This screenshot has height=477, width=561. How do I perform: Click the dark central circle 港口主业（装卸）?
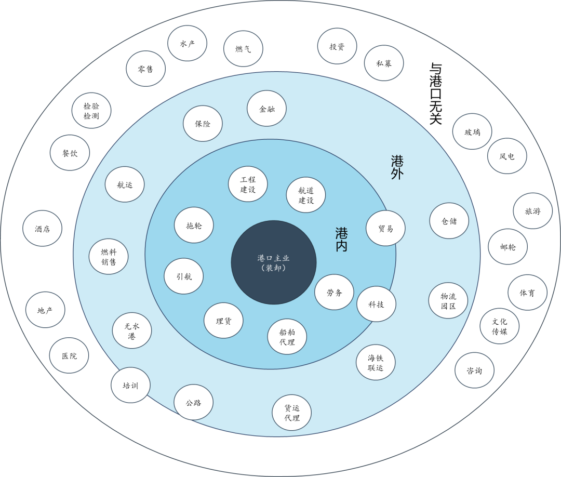tap(274, 262)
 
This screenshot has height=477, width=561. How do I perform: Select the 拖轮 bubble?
tap(194, 225)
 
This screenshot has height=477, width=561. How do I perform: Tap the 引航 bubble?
tap(183, 276)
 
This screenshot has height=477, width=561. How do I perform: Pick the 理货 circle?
tap(223, 321)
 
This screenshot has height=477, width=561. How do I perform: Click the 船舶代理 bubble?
tap(287, 337)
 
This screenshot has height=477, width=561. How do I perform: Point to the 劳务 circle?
tap(334, 292)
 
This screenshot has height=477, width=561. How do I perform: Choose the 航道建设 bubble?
tap(306, 195)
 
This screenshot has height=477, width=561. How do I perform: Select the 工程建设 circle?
tap(248, 184)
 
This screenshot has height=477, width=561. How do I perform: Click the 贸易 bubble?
tap(385, 228)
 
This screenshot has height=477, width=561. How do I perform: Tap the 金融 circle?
tap(266, 109)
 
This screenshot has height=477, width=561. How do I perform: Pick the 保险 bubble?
tap(203, 124)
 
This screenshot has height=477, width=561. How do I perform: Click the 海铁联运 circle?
tap(376, 362)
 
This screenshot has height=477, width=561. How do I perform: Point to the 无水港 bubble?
tap(132, 330)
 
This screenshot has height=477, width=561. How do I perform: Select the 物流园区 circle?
tap(448, 301)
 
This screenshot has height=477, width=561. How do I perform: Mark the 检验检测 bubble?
tap(91, 111)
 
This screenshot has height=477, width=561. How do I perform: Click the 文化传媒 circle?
tap(500, 326)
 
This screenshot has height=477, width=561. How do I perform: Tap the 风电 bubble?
tap(507, 156)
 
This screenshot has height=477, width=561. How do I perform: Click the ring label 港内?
tap(341, 240)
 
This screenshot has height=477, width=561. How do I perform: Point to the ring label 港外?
tap(397, 167)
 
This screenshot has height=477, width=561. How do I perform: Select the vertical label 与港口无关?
tap(435, 94)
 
